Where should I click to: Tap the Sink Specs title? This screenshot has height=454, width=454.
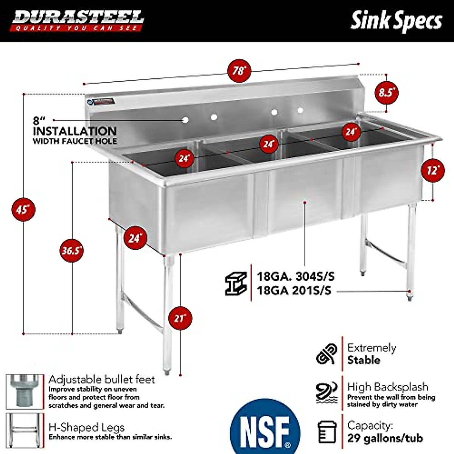tap(396, 21)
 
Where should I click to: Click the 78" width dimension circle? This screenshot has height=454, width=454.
tap(239, 70)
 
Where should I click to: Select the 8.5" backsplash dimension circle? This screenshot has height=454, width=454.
tap(386, 92)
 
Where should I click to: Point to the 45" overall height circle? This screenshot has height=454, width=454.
tap(23, 209)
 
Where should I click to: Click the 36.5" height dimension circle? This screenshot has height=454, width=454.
tap(72, 250)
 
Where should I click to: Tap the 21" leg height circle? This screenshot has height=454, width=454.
tap(180, 318)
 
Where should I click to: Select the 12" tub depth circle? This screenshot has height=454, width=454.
tap(433, 170)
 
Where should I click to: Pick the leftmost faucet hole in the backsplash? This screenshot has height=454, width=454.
tap(185, 120)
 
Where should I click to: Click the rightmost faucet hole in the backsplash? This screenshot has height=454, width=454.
tap(300, 110)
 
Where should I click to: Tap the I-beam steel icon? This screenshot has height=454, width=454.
tap(236, 283)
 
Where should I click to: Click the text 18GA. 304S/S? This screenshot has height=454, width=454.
tap(295, 276)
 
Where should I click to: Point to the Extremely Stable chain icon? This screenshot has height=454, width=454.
tap(326, 354)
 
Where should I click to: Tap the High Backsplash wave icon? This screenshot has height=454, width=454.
tap(326, 392)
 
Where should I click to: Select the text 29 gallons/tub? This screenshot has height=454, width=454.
tap(385, 438)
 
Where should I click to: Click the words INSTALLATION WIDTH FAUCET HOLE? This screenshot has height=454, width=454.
tap(75, 136)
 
